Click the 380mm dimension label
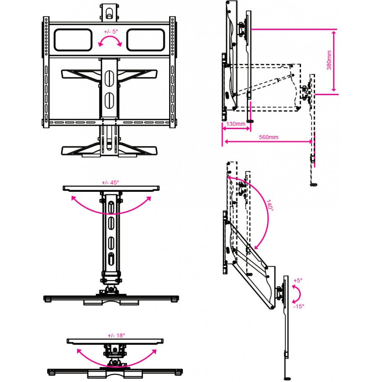click(x=329, y=60)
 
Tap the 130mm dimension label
click(x=236, y=124)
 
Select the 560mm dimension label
click(x=269, y=137)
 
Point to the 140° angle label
click(x=269, y=206)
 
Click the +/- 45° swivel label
click(x=110, y=183)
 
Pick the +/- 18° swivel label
click(x=116, y=335)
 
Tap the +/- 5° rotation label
click(x=111, y=32)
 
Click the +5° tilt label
click(x=298, y=280)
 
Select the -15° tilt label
click(x=299, y=306)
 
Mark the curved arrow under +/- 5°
click(x=110, y=41)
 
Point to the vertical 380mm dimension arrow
click(x=334, y=61)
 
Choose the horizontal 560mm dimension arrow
click(x=268, y=142)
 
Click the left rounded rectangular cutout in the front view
click(x=73, y=40)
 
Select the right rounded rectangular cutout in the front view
click(x=146, y=40)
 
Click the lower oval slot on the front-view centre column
click(x=109, y=100)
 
